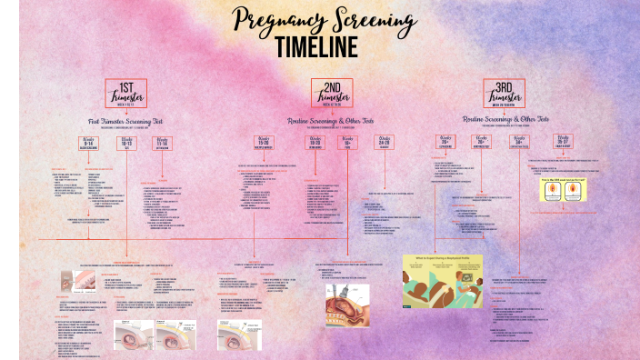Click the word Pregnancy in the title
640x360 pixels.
(x=277, y=20)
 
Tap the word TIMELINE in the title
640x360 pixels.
(x=317, y=46)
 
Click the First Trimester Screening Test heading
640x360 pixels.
(x=125, y=120)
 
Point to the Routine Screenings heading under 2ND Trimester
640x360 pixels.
(x=330, y=119)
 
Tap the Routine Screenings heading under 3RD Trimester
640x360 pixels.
(x=505, y=119)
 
